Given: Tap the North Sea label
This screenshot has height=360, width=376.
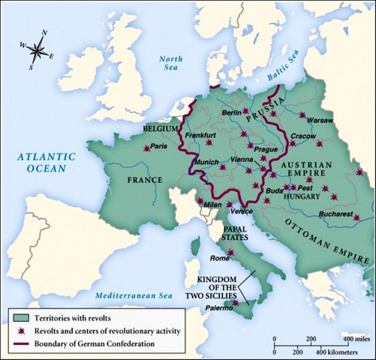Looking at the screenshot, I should point(172,63).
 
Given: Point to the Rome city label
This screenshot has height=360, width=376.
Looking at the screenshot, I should point(219,259).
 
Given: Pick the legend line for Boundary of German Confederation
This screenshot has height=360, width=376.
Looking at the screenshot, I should point(20,343).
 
